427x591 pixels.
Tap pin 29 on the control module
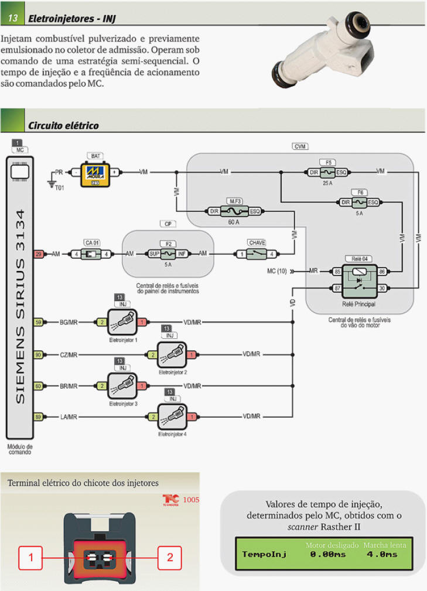[39, 253]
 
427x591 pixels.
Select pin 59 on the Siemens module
[39, 322]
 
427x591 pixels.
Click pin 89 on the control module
[39, 417]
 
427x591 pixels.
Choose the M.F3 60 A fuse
[235, 211]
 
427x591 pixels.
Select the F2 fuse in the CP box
[168, 253]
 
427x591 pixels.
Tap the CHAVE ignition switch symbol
[257, 253]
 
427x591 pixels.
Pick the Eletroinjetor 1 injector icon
[122, 322]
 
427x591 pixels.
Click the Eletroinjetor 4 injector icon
[172, 417]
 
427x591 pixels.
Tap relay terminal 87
[337, 287]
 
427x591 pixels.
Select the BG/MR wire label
[69, 322]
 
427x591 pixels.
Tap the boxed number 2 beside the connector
[170, 558]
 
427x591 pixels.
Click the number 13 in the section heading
[13, 19]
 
